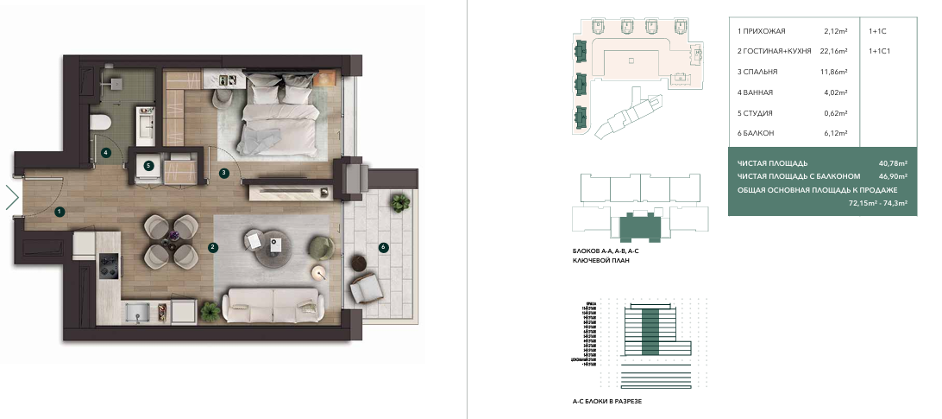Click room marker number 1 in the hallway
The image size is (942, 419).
[x=59, y=211]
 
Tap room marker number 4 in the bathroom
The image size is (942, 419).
[x=105, y=153]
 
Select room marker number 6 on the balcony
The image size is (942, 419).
[x=384, y=247]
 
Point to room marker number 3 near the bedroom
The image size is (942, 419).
[x=223, y=173]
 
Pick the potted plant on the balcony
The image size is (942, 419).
[x=399, y=203]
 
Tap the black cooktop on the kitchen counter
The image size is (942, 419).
[x=110, y=266]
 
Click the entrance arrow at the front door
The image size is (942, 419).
[x=11, y=198]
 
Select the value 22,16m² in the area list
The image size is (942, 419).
[x=834, y=52]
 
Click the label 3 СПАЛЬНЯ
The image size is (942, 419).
[x=760, y=72]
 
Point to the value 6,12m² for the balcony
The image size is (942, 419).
[x=836, y=133]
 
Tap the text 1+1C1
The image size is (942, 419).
[x=880, y=52]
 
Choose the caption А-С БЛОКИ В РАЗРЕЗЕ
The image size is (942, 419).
[x=607, y=402]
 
